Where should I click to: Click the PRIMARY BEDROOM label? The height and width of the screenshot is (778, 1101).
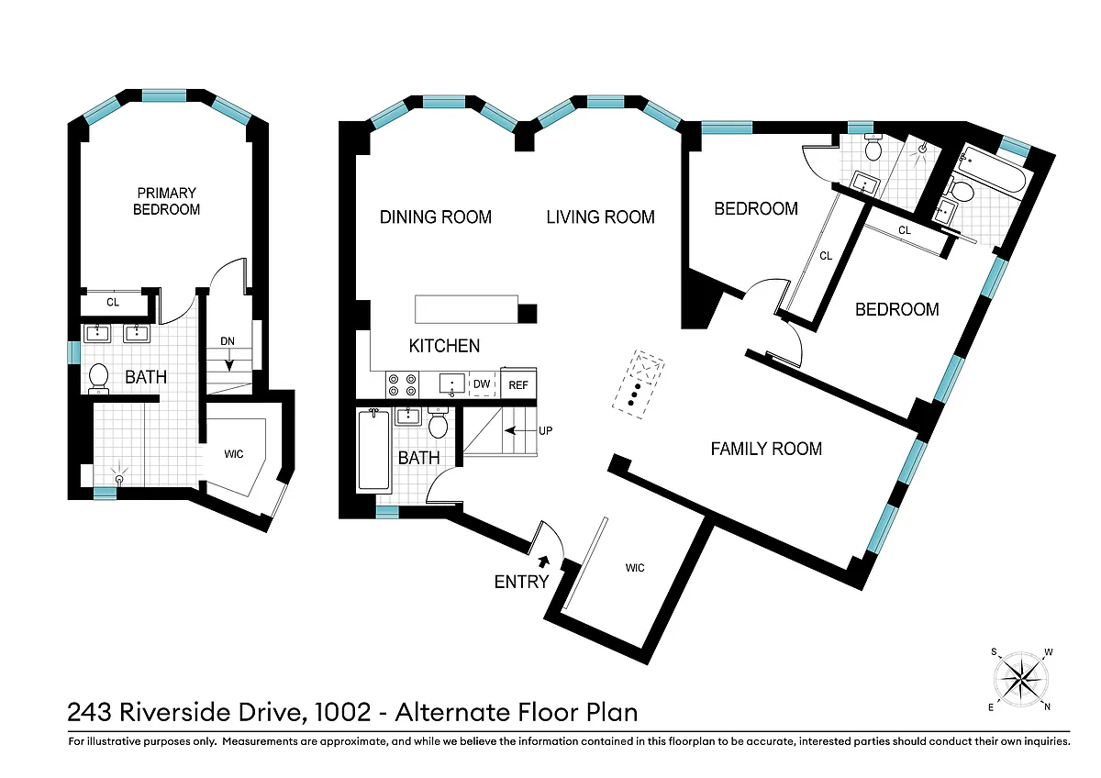click(x=167, y=201)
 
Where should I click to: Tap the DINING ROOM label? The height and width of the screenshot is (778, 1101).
click(x=436, y=217)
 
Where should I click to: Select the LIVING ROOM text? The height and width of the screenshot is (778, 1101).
click(x=600, y=217)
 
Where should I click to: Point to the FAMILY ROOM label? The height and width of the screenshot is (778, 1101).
click(x=766, y=449)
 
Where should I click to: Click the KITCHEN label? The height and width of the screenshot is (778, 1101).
click(x=444, y=346)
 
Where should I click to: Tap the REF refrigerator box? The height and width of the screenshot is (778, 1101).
click(x=518, y=384)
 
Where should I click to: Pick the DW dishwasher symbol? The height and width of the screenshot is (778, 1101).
click(x=482, y=383)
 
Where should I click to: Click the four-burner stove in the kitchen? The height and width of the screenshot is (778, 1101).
click(x=403, y=384)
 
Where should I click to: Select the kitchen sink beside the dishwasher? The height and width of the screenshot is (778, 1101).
click(x=451, y=384)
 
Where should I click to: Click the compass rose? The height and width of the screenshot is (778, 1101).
click(x=1021, y=680)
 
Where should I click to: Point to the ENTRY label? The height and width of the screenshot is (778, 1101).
click(x=521, y=582)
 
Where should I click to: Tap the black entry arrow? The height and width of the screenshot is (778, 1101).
click(x=544, y=561)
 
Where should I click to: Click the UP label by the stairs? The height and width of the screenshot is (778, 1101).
click(x=546, y=431)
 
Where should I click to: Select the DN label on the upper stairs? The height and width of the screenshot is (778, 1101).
click(x=228, y=341)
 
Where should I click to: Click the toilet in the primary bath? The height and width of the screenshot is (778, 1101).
click(x=98, y=378)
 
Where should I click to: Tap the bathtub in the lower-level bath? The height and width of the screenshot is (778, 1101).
click(x=374, y=450)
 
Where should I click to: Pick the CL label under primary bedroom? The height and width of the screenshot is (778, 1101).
click(x=113, y=302)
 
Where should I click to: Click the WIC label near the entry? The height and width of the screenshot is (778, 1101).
click(x=635, y=568)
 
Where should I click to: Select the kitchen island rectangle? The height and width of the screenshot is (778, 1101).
click(x=466, y=308)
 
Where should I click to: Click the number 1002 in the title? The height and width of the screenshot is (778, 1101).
click(x=342, y=712)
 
